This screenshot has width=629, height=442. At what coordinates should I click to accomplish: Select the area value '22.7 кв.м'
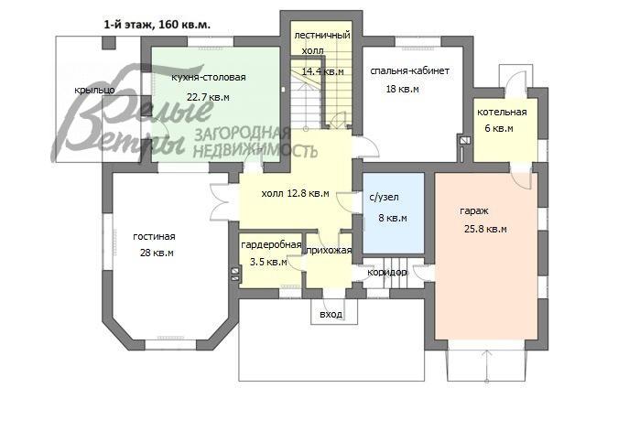point(208,96)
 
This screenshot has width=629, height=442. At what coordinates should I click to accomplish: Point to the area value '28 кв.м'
point(157,253)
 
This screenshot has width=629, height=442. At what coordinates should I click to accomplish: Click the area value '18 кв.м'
point(402,89)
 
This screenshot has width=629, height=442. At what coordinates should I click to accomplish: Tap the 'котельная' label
point(502,113)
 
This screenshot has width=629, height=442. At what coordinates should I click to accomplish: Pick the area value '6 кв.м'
point(498,128)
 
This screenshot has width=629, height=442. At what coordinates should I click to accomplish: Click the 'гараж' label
point(473,211)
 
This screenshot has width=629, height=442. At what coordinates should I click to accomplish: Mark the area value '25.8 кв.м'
point(483,229)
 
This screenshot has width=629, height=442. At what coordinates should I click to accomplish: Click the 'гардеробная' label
point(271,245)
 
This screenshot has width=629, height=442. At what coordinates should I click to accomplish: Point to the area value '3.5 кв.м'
point(268,262)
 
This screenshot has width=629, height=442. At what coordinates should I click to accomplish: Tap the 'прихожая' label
point(329,251)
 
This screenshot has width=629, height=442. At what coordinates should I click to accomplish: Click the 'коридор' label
point(386,273)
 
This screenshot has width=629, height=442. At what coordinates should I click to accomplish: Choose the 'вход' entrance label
point(331,315)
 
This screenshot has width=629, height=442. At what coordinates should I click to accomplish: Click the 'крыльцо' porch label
point(94,91)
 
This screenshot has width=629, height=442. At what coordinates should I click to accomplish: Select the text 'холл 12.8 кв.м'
point(295,193)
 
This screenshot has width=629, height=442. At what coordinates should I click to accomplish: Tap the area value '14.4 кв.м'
point(322,70)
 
